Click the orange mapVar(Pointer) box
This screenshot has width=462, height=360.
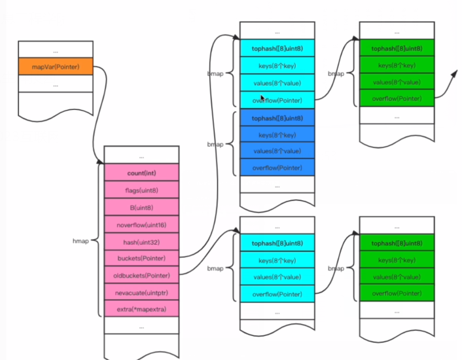(x=55, y=67)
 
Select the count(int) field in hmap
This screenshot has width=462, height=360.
(x=141, y=173)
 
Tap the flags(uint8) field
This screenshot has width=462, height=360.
(x=141, y=190)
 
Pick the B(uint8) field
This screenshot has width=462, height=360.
(x=141, y=207)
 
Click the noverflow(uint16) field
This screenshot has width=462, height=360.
(x=141, y=225)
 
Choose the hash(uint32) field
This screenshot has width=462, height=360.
(x=141, y=242)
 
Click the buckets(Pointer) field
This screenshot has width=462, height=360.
(x=141, y=258)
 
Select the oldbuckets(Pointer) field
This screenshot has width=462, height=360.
(x=141, y=275)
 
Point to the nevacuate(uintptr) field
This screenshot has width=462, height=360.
(x=141, y=292)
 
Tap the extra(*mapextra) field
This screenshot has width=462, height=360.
(x=141, y=309)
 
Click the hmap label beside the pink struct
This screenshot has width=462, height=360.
(x=80, y=242)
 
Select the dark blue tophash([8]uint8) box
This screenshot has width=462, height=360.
(x=277, y=118)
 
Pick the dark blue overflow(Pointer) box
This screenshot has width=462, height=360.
(x=277, y=168)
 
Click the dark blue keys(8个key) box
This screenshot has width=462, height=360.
(x=277, y=135)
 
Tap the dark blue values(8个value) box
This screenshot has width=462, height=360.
(x=277, y=151)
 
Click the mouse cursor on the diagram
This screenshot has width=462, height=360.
(x=263, y=98)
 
